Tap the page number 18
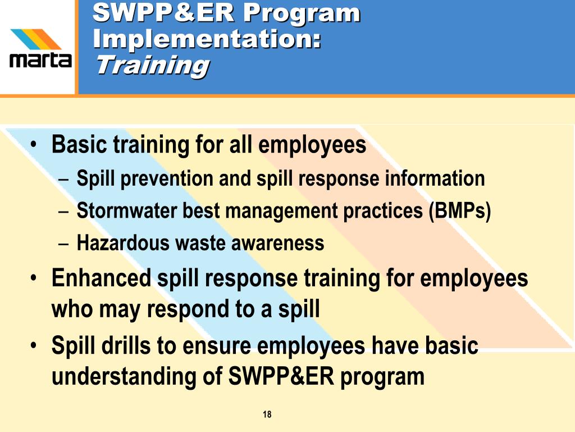(267, 415)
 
